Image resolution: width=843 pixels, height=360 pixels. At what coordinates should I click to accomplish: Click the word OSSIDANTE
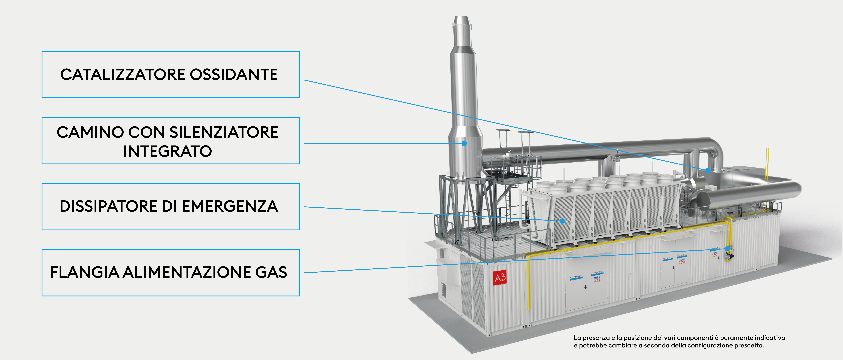point(234,75)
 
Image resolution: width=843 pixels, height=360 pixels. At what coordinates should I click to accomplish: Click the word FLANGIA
point(84,272)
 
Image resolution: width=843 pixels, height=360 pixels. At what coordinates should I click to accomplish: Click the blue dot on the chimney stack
point(464,143)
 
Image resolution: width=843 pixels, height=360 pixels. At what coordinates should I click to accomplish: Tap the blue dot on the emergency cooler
point(562,221)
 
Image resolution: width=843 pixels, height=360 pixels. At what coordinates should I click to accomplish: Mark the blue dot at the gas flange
point(727,249)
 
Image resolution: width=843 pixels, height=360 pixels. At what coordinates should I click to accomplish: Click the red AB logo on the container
point(500,278)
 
